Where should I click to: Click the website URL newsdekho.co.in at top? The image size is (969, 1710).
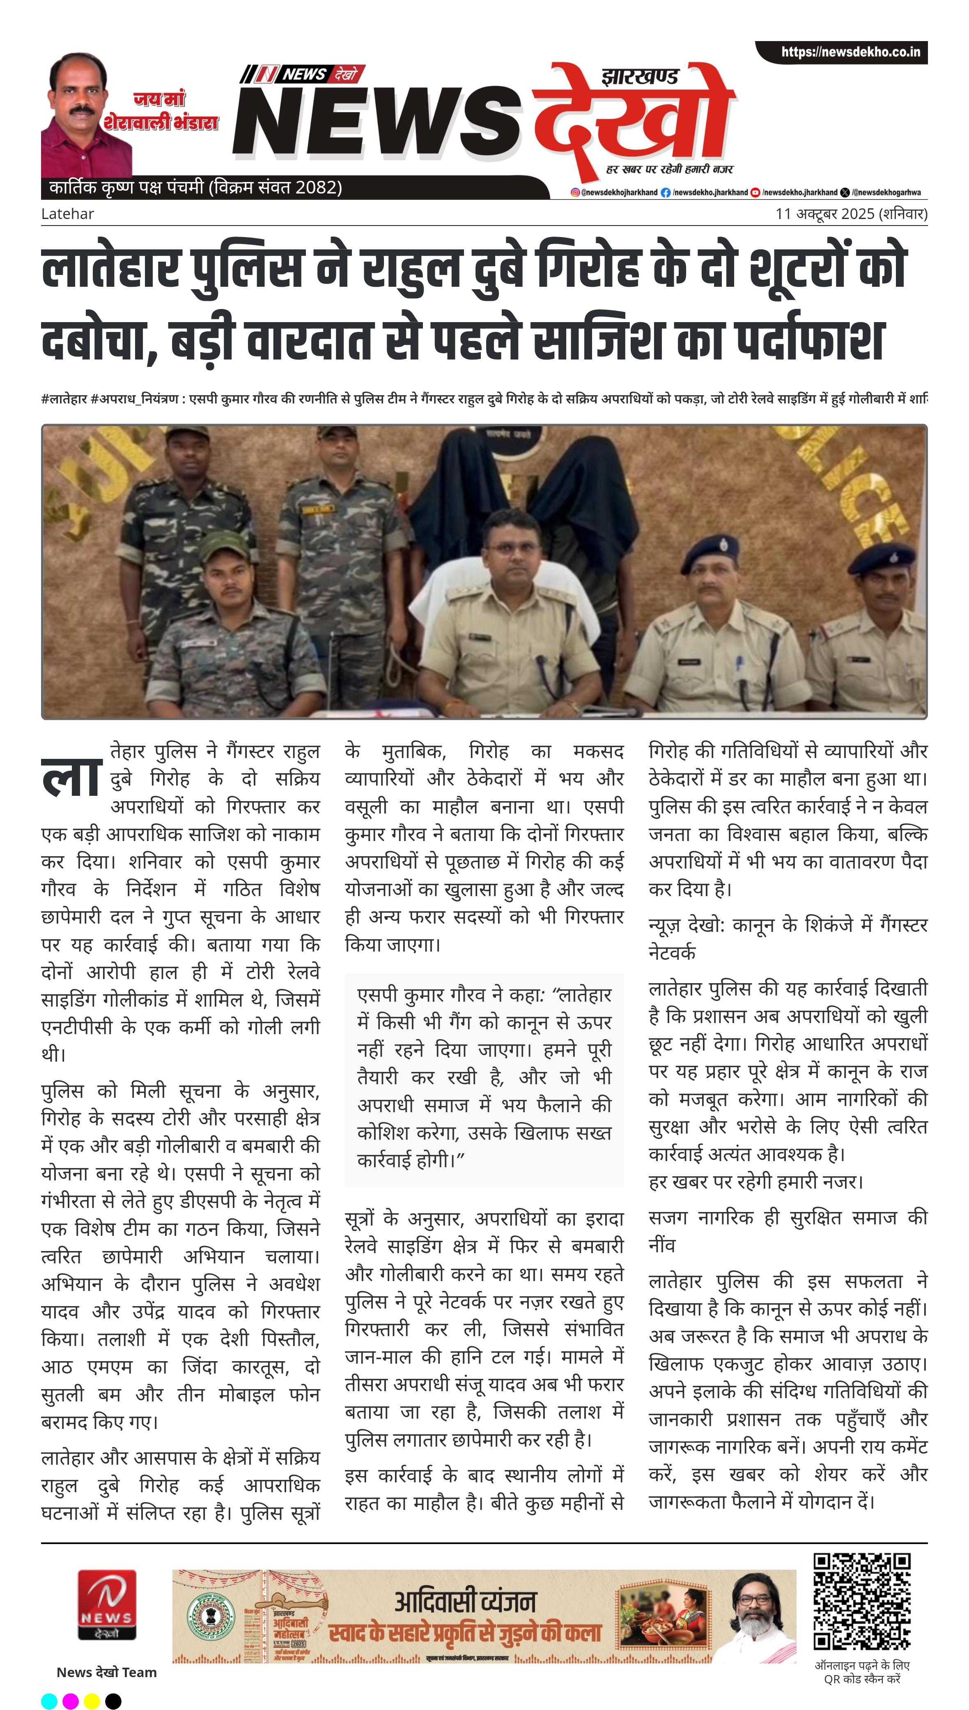(850, 52)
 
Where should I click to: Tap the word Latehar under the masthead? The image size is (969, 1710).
(67, 214)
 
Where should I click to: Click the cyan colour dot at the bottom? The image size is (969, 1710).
(49, 1696)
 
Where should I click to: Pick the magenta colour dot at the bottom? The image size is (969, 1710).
(71, 1696)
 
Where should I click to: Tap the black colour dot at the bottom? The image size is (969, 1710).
(113, 1696)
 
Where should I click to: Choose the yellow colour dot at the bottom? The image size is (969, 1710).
(92, 1696)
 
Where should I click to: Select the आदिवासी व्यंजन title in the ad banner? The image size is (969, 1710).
(464, 1601)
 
